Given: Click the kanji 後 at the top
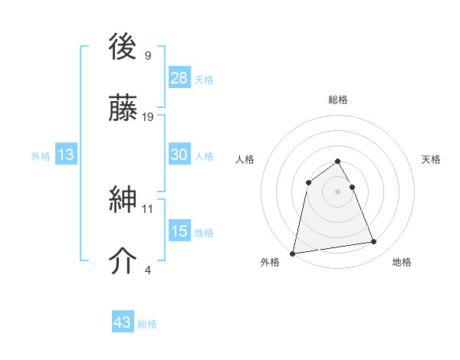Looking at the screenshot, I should (x=124, y=48).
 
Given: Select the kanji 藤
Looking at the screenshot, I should (x=124, y=108).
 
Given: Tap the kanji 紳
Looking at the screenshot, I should (x=124, y=200).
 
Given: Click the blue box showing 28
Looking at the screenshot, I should (x=179, y=77).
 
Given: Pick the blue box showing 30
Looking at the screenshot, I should (x=179, y=155).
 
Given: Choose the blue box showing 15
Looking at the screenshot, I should (x=179, y=231).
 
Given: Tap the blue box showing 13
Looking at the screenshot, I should (x=66, y=155).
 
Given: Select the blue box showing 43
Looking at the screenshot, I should (x=123, y=322).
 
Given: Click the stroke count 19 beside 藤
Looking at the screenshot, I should (x=149, y=117).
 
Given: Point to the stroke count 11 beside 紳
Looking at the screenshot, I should (x=148, y=208).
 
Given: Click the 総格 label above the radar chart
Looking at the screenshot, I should (x=338, y=100).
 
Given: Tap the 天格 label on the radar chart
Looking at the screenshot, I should (x=432, y=159).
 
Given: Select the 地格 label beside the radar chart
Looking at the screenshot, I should (x=402, y=262).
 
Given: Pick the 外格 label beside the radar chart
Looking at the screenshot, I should (x=270, y=262).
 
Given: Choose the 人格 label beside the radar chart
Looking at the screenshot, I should (x=245, y=159).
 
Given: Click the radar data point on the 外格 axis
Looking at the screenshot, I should (x=293, y=253).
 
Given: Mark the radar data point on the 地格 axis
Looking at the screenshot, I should (x=374, y=242).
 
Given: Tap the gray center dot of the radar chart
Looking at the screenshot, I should (x=338, y=191).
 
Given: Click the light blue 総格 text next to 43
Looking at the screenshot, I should (x=148, y=324).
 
